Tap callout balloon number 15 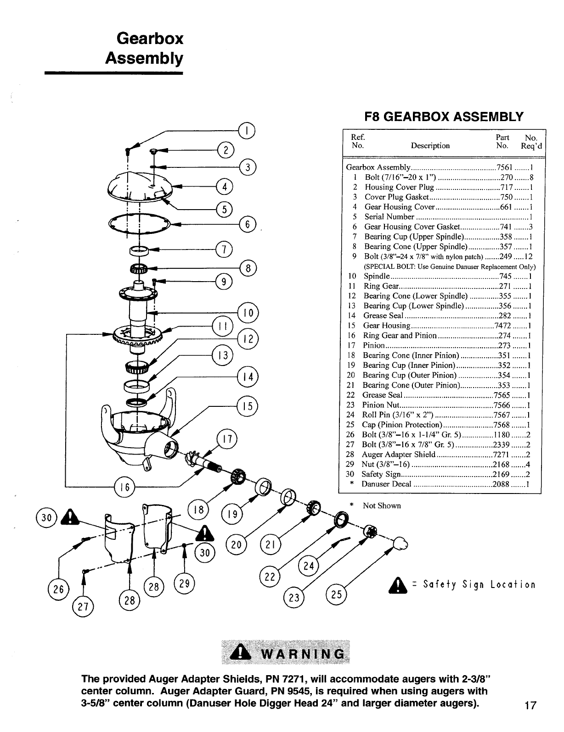tap(248, 406)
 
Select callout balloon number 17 tap(226, 439)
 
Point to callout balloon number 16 tap(124, 486)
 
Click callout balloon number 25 tap(336, 594)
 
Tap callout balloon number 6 tap(248, 225)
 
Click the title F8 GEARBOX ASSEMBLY tap(443, 116)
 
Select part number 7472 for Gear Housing tap(502, 326)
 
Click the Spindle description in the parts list tap(377, 276)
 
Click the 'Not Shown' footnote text tap(382, 505)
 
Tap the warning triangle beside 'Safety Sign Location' tap(399, 585)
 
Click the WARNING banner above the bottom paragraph tap(285, 651)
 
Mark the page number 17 tap(530, 705)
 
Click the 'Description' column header tap(430, 146)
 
